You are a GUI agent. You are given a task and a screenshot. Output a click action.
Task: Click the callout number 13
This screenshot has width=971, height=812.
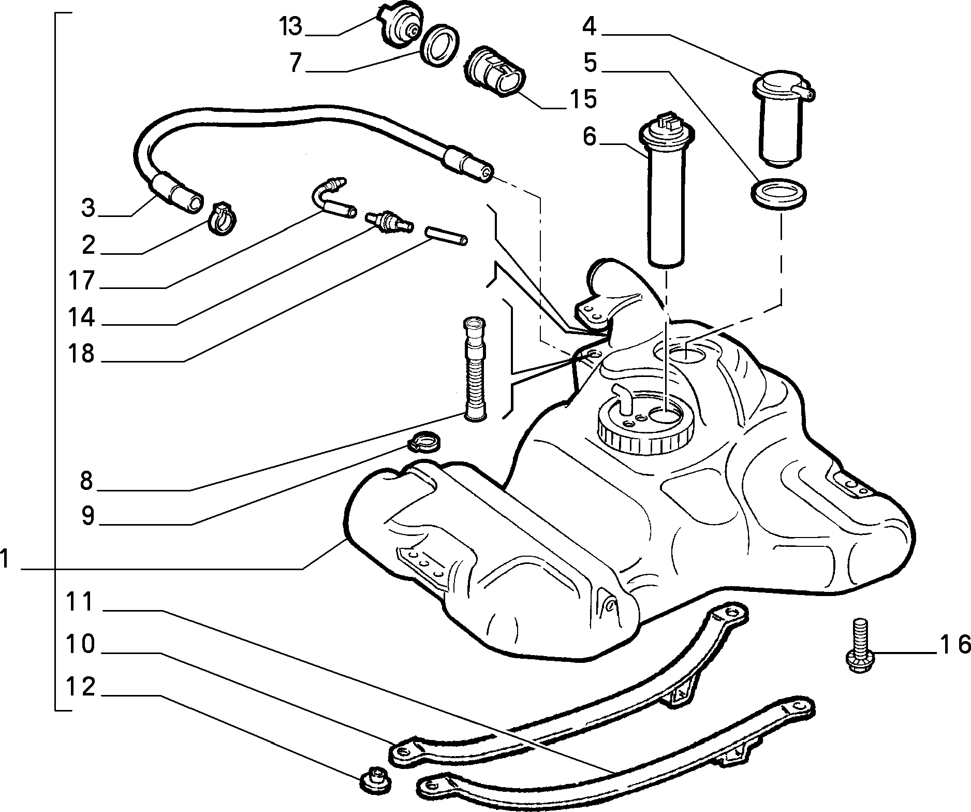[290, 26]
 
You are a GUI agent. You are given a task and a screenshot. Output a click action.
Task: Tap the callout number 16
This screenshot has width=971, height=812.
[955, 645]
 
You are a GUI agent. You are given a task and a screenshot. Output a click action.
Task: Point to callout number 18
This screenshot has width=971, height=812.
[81, 354]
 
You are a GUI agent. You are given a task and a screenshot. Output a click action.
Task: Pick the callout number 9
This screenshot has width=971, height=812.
[87, 516]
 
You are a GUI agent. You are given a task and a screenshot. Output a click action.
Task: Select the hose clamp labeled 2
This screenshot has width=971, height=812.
[223, 218]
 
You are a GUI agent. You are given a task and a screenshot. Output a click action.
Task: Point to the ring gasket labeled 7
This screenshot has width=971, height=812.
[439, 45]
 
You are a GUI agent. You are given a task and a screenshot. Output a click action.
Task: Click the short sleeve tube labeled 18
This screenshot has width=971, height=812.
[446, 235]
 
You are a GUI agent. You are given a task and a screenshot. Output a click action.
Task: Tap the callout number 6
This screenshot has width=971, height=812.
[590, 137]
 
